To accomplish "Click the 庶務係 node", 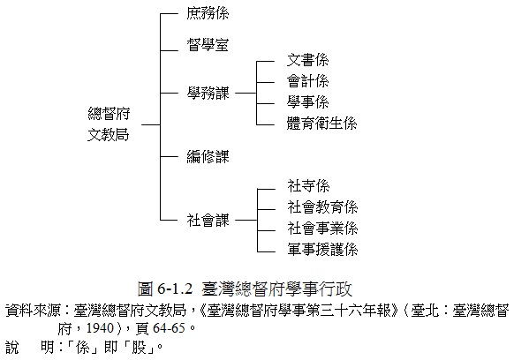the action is coord(208,13).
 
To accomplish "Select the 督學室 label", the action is coord(208,44).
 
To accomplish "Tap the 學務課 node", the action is coord(208,93).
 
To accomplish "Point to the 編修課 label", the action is coord(208,156).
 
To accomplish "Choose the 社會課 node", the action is coord(208,220).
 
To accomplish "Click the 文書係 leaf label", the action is coord(308,60).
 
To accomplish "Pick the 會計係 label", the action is coord(308,81).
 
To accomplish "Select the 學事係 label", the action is coord(308,102).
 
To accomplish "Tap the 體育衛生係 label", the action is coord(321,124).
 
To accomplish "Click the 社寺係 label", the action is coord(308,186).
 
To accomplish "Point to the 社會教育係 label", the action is coord(322,207).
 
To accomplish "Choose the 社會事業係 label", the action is coord(322,229).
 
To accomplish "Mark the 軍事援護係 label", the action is coord(322,250).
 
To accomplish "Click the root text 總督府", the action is coord(109,114).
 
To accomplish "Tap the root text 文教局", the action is coord(109,135).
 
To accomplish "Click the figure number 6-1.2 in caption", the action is coord(175,289).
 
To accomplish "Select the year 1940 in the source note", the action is coord(100,328).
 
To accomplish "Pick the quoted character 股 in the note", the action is coord(139,348).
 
